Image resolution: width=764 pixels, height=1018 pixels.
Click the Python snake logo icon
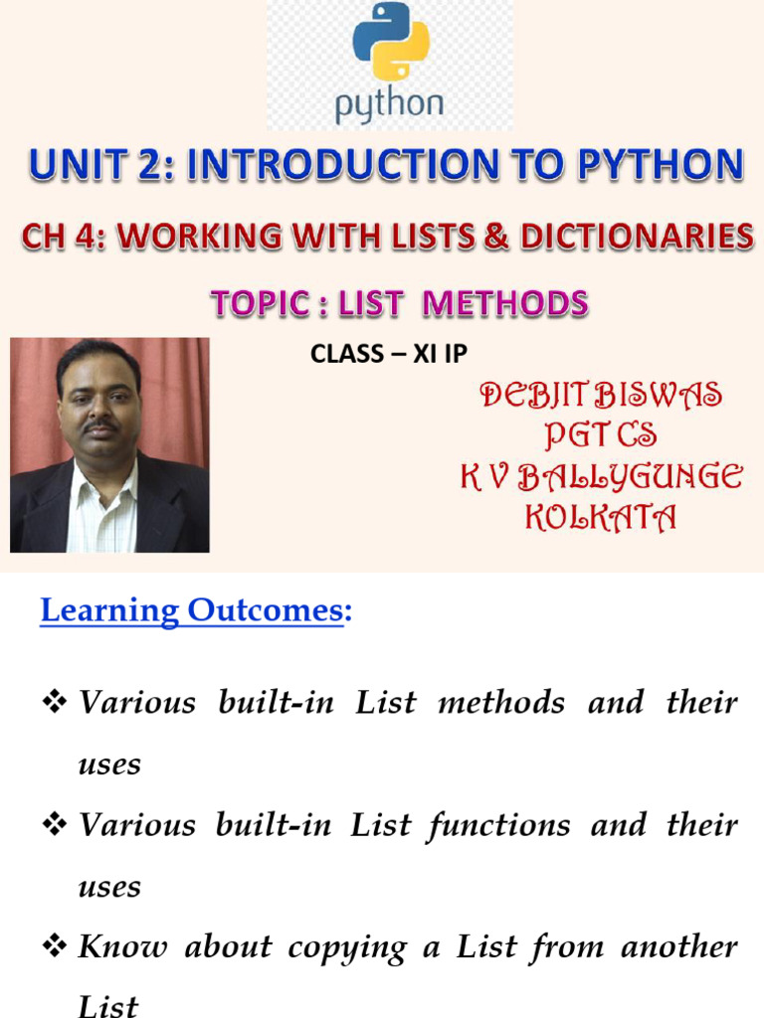[x=390, y=41]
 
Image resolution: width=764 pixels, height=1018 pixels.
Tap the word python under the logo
[x=389, y=104]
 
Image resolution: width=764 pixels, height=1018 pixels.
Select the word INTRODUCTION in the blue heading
[x=343, y=164]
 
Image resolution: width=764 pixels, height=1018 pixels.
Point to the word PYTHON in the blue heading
[x=661, y=164]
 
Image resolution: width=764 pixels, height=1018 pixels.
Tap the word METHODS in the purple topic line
[x=505, y=303]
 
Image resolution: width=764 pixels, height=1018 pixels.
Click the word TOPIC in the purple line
[x=260, y=303]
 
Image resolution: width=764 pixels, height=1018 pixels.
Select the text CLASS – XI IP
[x=389, y=354]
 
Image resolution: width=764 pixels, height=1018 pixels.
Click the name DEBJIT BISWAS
[x=601, y=395]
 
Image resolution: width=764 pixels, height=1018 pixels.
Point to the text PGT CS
[x=601, y=434]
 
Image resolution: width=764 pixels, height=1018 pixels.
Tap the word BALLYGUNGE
[x=630, y=476]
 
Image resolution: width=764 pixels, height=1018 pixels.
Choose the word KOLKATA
[x=601, y=517]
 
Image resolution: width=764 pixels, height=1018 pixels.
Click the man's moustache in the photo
[x=102, y=425]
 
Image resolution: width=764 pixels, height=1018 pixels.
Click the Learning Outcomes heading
[x=196, y=610]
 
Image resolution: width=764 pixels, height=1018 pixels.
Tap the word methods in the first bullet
[x=501, y=703]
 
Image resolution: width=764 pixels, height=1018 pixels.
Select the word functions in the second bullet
[x=499, y=826]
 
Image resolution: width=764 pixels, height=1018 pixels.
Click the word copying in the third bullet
[x=347, y=948]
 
